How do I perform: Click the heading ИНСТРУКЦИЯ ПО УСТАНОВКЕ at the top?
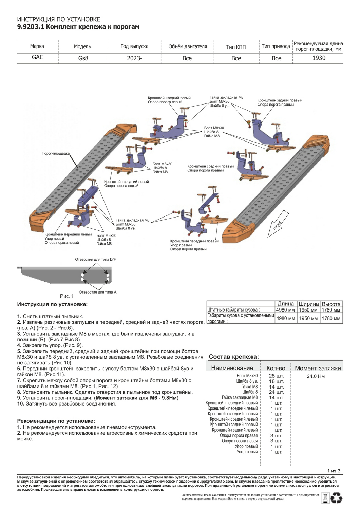click(x=59, y=19)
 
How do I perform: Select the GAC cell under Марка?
click(x=38, y=57)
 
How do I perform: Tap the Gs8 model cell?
click(x=83, y=58)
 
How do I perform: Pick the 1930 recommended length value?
click(x=319, y=58)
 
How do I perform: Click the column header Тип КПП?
click(x=236, y=47)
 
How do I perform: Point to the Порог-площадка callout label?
click(x=55, y=153)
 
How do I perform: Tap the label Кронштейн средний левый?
click(x=126, y=182)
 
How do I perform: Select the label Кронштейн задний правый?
click(x=280, y=100)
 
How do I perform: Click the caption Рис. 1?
click(x=67, y=296)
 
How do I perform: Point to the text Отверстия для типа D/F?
click(x=95, y=259)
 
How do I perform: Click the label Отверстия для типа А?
click(x=97, y=292)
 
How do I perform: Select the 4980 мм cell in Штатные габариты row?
click(x=285, y=310)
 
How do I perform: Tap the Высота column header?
click(x=331, y=304)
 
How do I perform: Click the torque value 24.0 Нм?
click(x=316, y=376)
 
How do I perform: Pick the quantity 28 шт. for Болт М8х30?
click(x=276, y=376)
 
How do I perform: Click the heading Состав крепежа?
click(x=234, y=357)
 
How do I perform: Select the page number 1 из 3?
click(x=334, y=471)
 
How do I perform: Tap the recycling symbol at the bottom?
click(x=337, y=498)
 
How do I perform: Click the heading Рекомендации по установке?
click(x=56, y=421)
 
